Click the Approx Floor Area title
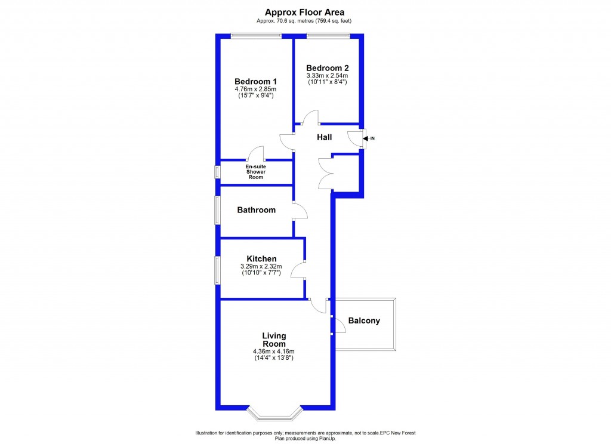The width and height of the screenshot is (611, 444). [x=304, y=12]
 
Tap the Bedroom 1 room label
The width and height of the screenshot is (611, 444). [x=255, y=82]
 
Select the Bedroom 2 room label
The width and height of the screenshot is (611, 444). [x=328, y=68]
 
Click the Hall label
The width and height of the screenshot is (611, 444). [x=324, y=137]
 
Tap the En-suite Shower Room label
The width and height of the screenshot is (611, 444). [x=255, y=172]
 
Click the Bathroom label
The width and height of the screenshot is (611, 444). [x=257, y=210]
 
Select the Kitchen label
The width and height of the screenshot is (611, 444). [x=261, y=259]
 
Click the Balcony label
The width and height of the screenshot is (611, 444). [x=364, y=321]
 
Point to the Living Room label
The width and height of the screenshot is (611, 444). [x=274, y=340]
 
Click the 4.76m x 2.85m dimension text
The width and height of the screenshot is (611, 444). [x=255, y=90]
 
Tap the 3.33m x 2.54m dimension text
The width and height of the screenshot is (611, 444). [x=328, y=76]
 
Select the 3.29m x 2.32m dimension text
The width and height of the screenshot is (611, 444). [x=261, y=266]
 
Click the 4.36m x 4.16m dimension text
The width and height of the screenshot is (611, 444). [x=273, y=351]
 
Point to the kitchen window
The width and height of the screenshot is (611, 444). [x=218, y=270]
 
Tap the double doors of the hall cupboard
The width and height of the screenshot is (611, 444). [x=325, y=174]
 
